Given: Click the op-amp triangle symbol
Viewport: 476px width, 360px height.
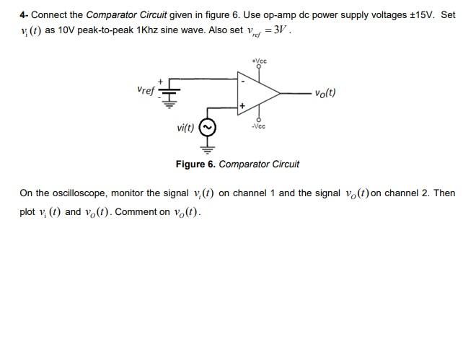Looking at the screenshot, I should (x=259, y=93).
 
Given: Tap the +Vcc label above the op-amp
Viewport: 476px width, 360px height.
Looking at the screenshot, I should (x=259, y=61).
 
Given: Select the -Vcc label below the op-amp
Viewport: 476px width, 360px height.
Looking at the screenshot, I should (x=259, y=126).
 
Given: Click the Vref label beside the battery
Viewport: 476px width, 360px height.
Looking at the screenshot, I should (x=145, y=90).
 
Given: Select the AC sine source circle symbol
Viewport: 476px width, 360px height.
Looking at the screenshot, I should (x=208, y=128).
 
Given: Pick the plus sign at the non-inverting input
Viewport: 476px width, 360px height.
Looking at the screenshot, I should (x=243, y=106).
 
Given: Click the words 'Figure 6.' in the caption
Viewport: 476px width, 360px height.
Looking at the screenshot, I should (x=195, y=164).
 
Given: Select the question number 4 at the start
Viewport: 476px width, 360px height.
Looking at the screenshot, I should (x=23, y=14).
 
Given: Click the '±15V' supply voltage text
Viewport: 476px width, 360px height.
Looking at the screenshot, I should (x=420, y=14).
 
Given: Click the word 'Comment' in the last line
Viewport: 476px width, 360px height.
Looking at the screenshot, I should (x=135, y=212).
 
